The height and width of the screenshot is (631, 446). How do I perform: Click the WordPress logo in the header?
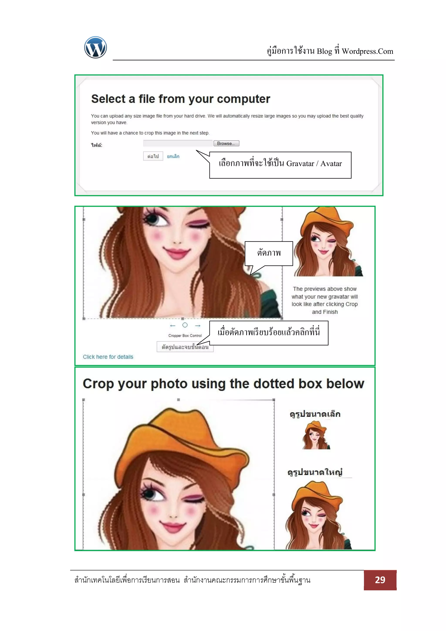(95, 47)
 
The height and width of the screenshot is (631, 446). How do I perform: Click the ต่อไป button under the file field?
(153, 156)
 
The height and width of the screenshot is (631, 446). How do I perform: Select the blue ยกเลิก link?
(173, 156)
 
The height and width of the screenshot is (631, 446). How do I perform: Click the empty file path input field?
(178, 143)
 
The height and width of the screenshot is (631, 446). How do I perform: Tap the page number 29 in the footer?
(380, 580)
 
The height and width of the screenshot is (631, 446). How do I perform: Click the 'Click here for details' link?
(108, 357)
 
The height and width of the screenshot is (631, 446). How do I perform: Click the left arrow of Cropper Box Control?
(172, 326)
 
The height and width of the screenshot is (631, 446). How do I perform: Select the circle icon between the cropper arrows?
(185, 325)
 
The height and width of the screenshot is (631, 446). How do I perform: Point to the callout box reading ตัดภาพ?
(269, 253)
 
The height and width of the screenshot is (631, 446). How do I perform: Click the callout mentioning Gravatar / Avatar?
(280, 165)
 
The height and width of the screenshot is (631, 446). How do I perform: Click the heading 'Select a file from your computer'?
(181, 99)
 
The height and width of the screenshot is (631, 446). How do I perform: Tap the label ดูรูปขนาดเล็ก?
(315, 414)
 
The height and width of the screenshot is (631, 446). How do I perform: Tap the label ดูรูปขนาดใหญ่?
(315, 472)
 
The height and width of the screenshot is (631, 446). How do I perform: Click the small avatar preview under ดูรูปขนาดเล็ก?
(316, 435)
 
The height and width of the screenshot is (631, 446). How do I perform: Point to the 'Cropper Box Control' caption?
(185, 336)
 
